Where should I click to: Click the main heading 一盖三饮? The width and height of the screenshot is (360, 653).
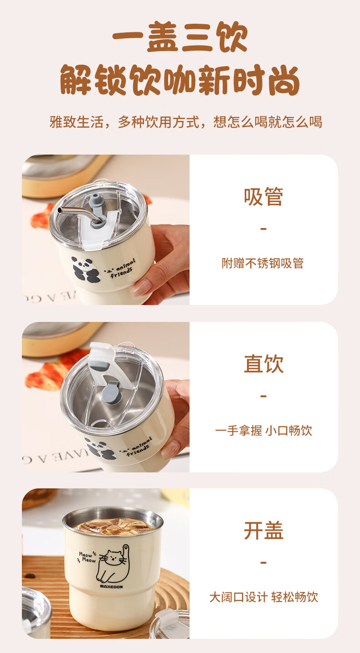tap(180, 37)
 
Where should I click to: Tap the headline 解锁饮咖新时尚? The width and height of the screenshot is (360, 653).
tap(180, 80)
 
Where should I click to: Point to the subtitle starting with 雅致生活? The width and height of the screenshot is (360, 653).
tap(186, 122)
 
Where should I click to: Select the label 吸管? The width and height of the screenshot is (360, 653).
tap(263, 197)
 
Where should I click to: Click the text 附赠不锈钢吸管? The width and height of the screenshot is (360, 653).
tap(263, 263)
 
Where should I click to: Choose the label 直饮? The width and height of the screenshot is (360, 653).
tap(263, 363)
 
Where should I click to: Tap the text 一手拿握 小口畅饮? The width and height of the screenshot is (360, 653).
tap(263, 430)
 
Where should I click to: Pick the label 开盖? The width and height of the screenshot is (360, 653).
tap(263, 530)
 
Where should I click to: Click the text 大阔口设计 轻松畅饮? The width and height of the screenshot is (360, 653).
tap(263, 597)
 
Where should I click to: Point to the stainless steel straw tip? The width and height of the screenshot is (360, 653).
tap(60, 210)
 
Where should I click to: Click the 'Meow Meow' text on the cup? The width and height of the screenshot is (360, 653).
tap(87, 557)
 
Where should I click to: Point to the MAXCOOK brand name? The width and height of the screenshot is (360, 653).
tap(112, 586)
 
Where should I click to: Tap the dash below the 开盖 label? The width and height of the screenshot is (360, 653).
tap(263, 562)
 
